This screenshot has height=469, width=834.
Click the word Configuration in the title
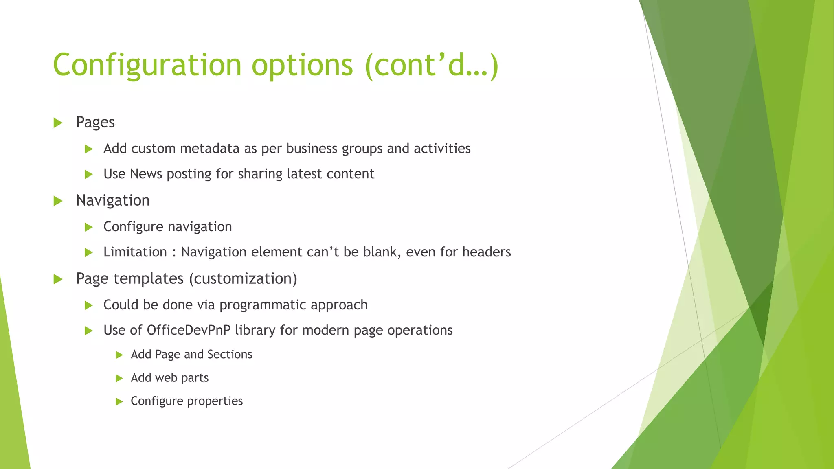tap(147, 65)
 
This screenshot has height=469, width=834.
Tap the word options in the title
tap(302, 65)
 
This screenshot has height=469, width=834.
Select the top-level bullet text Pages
tap(95, 122)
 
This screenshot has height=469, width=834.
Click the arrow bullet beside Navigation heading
tap(58, 201)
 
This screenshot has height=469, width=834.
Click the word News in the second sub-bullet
tap(146, 174)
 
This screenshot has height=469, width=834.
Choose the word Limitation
tap(135, 252)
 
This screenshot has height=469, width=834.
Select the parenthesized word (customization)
tap(243, 279)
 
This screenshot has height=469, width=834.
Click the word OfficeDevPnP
tap(189, 330)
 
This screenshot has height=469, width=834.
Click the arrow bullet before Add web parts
tap(119, 378)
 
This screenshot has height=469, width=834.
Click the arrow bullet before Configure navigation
tap(89, 227)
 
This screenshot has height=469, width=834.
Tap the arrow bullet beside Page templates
tap(58, 279)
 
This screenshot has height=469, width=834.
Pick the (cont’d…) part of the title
tap(432, 65)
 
